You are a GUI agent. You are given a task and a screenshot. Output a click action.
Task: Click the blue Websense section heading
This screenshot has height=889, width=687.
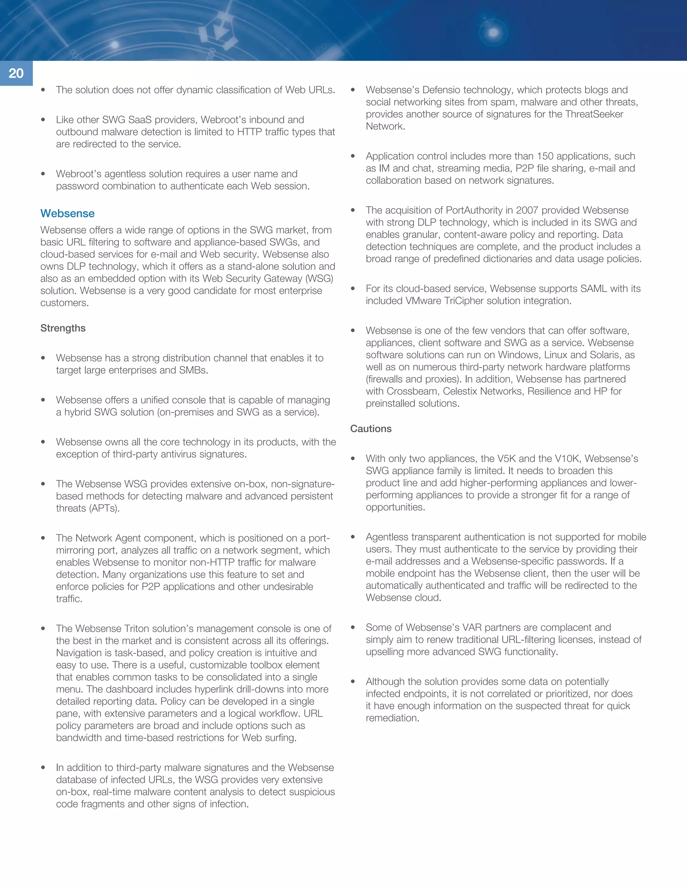click(67, 213)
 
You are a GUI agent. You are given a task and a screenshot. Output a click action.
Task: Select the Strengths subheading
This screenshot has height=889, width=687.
click(63, 328)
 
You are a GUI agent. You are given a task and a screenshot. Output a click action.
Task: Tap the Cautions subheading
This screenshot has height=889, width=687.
click(371, 429)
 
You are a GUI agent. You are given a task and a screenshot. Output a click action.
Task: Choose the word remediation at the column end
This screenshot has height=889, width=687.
click(392, 718)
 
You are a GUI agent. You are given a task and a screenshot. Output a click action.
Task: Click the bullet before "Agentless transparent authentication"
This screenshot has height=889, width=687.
click(353, 537)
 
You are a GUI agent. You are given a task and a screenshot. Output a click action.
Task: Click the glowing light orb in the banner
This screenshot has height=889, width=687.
click(493, 33)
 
